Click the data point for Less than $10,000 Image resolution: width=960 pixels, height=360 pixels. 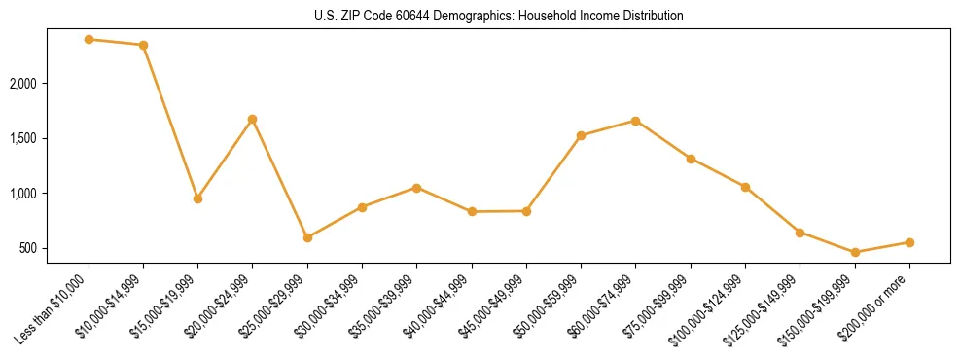pyautogui.click(x=89, y=39)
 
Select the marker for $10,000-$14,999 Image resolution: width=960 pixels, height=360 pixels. pyautogui.click(x=143, y=45)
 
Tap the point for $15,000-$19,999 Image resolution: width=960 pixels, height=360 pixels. pyautogui.click(x=197, y=198)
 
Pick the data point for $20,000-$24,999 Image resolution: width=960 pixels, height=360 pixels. pyautogui.click(x=253, y=119)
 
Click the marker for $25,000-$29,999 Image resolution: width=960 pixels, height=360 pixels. pyautogui.click(x=307, y=237)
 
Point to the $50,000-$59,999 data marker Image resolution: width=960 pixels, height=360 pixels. pyautogui.click(x=581, y=135)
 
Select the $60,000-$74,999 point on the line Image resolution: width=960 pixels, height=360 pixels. pyautogui.click(x=635, y=121)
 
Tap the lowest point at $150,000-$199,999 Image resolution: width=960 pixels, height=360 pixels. pyautogui.click(x=855, y=252)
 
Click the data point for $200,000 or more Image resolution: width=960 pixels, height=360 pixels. pyautogui.click(x=909, y=242)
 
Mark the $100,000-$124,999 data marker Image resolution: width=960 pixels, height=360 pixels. pyautogui.click(x=745, y=187)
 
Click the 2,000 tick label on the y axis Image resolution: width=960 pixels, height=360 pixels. pyautogui.click(x=49, y=84)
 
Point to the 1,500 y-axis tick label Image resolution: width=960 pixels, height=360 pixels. pyautogui.click(x=49, y=138)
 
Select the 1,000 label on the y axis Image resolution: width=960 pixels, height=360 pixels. pyautogui.click(x=49, y=194)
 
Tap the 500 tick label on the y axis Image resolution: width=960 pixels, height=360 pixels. pyautogui.click(x=54, y=248)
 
